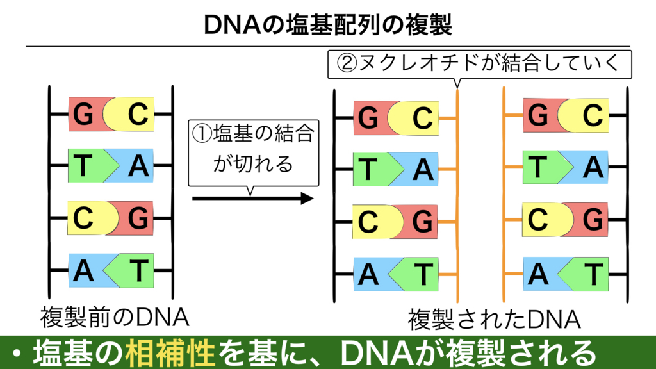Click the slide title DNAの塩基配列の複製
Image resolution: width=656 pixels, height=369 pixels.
click(x=327, y=25)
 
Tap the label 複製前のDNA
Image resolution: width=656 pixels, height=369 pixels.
click(x=114, y=318)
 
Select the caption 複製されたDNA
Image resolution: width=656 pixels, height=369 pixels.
click(x=494, y=320)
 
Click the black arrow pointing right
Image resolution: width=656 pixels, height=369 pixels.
click(x=252, y=199)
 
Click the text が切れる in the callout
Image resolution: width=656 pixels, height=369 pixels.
click(x=252, y=164)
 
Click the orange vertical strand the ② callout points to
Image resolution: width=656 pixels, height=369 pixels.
click(x=457, y=195)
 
